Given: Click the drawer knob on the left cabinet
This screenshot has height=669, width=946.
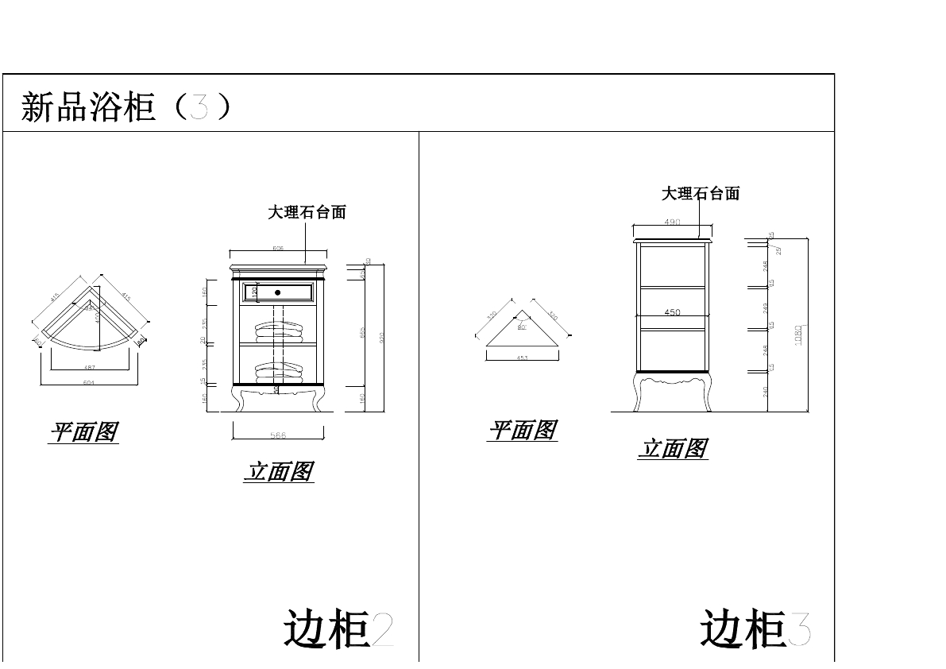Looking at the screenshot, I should click(278, 292).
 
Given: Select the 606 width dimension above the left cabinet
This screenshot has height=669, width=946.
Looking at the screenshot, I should click(278, 249).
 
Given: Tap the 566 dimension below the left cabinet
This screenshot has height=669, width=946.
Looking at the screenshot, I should click(278, 435).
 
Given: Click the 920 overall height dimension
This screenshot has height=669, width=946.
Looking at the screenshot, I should click(382, 338).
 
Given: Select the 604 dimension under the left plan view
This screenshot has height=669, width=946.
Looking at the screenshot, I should click(89, 383).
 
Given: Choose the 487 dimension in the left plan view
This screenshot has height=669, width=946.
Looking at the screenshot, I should click(89, 366).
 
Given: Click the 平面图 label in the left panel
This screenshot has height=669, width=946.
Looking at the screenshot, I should click(83, 432).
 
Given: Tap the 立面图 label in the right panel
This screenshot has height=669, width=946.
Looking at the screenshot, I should click(672, 449).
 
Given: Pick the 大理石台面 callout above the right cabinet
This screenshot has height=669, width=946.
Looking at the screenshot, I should click(701, 193).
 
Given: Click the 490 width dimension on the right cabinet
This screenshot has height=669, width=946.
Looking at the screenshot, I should click(672, 222).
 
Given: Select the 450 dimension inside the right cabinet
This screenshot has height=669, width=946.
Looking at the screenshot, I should click(672, 312).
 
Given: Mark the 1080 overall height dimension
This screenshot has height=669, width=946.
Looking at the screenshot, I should click(799, 334).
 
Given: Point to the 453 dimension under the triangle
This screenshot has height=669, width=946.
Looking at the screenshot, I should click(522, 358).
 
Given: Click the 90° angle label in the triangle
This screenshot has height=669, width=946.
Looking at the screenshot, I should click(522, 327).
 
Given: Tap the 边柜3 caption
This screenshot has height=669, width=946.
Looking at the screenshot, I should click(755, 629).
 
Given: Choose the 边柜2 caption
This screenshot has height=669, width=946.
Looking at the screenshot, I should click(338, 629).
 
